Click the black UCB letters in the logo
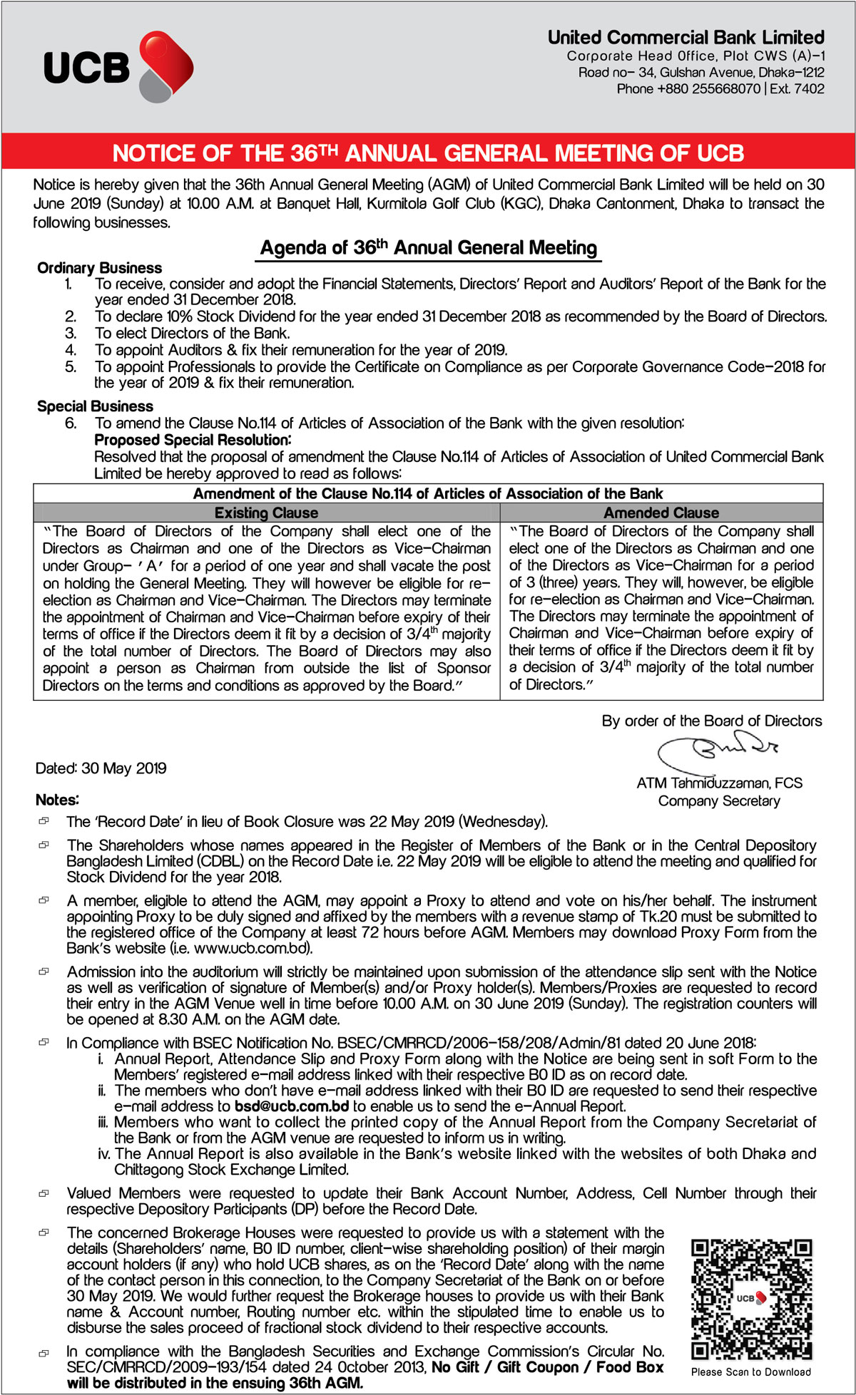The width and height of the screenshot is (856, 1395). click(86, 68)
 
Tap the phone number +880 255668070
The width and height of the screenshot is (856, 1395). click(708, 89)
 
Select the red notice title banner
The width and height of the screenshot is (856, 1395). click(428, 153)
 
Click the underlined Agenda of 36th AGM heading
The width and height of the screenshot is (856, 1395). click(428, 248)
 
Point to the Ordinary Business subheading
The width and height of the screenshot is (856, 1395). click(99, 268)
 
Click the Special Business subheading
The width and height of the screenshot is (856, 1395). click(95, 406)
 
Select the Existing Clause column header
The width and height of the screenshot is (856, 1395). click(266, 513)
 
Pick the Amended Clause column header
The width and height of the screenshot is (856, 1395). click(661, 513)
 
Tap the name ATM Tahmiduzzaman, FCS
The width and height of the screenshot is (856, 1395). click(719, 783)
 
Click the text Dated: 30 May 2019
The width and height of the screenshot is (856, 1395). click(101, 768)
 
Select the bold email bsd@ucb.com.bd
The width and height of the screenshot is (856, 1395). click(292, 1106)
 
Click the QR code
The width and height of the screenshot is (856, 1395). click(752, 1299)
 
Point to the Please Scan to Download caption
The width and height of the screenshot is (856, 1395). click(750, 1371)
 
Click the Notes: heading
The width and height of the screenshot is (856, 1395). click(57, 800)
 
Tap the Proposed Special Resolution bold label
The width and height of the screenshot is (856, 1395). click(193, 440)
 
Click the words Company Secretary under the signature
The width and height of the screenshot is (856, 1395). click(719, 801)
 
